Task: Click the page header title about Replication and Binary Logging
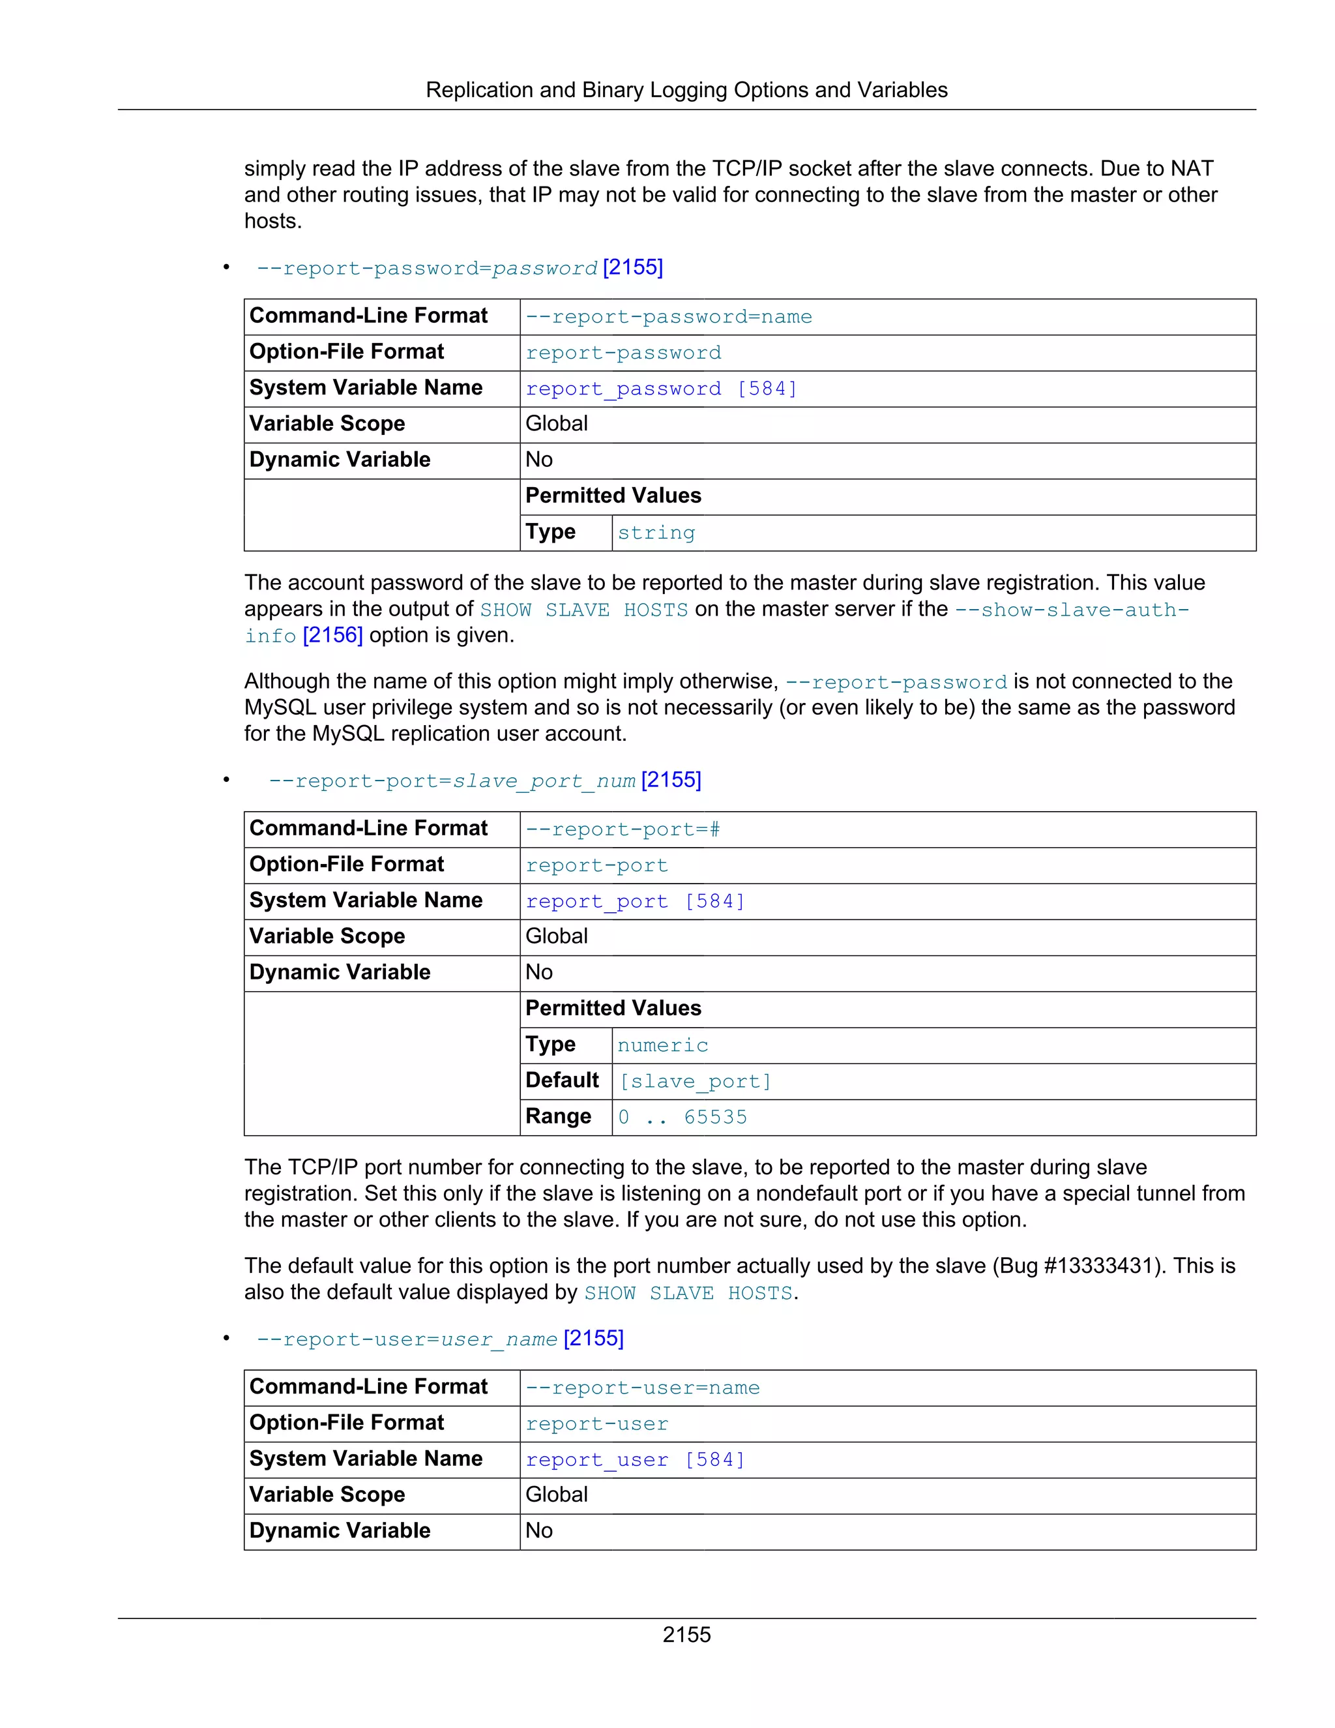pos(686,90)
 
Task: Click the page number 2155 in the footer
pos(686,1634)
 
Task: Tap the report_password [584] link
pos(661,389)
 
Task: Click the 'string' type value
pos(656,533)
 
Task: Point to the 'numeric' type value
pos(662,1045)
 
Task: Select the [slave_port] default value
pos(694,1082)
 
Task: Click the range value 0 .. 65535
pos(682,1117)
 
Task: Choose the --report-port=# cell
pos(623,830)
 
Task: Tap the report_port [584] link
pos(635,902)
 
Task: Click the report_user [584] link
pos(635,1461)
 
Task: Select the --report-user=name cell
pos(642,1388)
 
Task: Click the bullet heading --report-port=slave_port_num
pos(452,782)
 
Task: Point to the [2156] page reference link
pos(332,635)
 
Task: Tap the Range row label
pos(559,1116)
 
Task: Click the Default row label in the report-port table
pos(561,1080)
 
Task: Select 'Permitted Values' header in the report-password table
pos(613,496)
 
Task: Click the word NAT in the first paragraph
pos(1191,168)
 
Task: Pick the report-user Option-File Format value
pos(596,1424)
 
